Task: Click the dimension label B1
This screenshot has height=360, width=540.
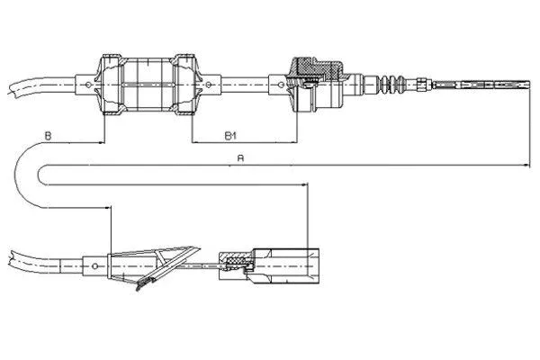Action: point(229,136)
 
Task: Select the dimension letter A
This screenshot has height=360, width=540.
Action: point(238,156)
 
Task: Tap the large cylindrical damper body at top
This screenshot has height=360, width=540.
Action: point(149,86)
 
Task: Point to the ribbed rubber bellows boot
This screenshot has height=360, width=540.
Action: point(391,86)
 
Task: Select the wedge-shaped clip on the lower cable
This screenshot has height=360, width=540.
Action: point(166,260)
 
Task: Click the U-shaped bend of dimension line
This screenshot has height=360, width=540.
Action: point(27,175)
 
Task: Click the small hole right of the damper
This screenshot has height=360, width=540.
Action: point(209,87)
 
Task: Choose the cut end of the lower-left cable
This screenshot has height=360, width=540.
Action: point(9,252)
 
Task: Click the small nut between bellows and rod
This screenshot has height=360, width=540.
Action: point(421,86)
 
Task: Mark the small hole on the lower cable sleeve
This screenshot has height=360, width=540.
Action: point(96,265)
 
